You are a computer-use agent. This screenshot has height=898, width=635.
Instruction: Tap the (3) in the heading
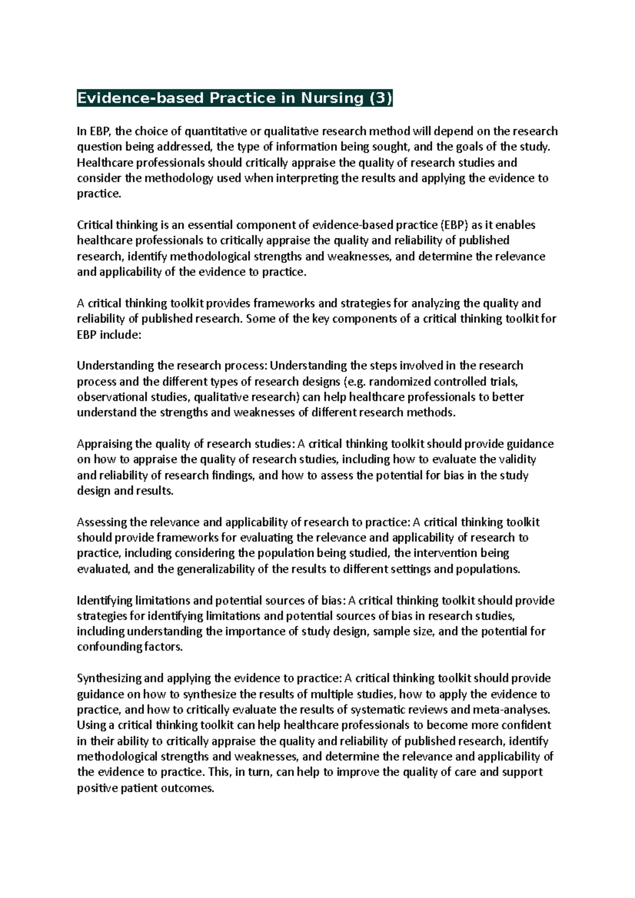[x=380, y=98]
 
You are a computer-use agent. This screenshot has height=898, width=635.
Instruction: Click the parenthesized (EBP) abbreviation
[x=455, y=225]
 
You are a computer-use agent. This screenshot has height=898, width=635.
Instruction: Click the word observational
[x=108, y=397]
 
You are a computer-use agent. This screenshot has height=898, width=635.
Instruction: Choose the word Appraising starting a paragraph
[x=104, y=444]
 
